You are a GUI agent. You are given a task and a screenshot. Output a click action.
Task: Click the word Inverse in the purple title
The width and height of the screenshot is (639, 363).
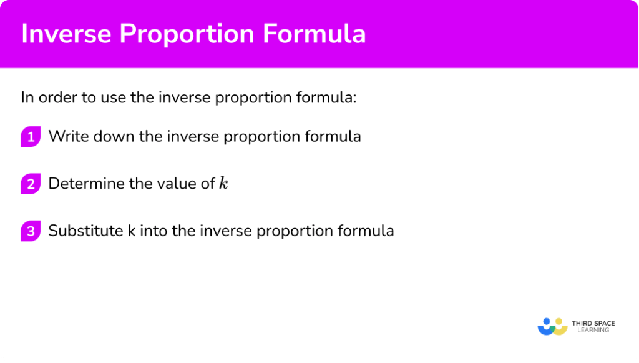point(62,34)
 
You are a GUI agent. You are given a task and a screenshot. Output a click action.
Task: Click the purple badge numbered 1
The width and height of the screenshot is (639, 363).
point(30,136)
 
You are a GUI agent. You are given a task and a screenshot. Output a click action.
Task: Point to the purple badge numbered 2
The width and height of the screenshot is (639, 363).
point(30,184)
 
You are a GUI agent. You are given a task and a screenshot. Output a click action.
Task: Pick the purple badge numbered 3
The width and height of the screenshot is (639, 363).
point(30,231)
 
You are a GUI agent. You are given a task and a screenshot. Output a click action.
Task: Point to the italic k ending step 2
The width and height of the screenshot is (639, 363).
point(223,183)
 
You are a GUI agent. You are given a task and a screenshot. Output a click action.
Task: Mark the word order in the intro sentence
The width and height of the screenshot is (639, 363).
point(58,97)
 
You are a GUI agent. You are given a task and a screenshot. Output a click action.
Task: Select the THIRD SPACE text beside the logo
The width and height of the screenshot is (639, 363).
point(593,323)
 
